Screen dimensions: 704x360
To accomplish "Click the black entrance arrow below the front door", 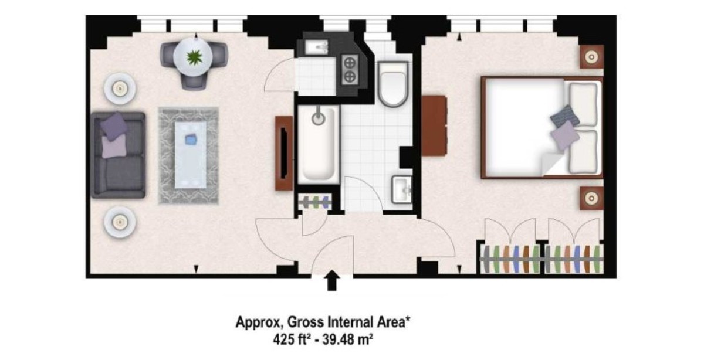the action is [332, 280].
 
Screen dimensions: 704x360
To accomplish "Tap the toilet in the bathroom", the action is [393, 84].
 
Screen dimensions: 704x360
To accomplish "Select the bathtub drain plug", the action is [319, 118].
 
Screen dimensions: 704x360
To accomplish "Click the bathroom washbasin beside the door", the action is [401, 189].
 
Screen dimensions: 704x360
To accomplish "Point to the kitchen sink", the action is [317, 47].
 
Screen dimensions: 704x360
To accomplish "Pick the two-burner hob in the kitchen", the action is [350, 69].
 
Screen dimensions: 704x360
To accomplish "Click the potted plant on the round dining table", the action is [194, 57].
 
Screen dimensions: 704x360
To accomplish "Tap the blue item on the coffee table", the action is [191, 139].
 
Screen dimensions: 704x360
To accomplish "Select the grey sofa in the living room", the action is [118, 155].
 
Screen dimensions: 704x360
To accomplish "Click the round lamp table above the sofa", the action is [120, 89].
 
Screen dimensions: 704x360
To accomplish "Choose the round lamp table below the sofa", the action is [120, 222].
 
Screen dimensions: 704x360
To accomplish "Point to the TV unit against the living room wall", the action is [284, 153].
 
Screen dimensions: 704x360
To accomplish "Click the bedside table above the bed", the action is [591, 57].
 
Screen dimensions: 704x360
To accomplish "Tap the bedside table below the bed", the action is [591, 198].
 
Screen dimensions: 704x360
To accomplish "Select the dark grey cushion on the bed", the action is [565, 116].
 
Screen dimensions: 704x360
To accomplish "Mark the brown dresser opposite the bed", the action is [434, 125].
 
